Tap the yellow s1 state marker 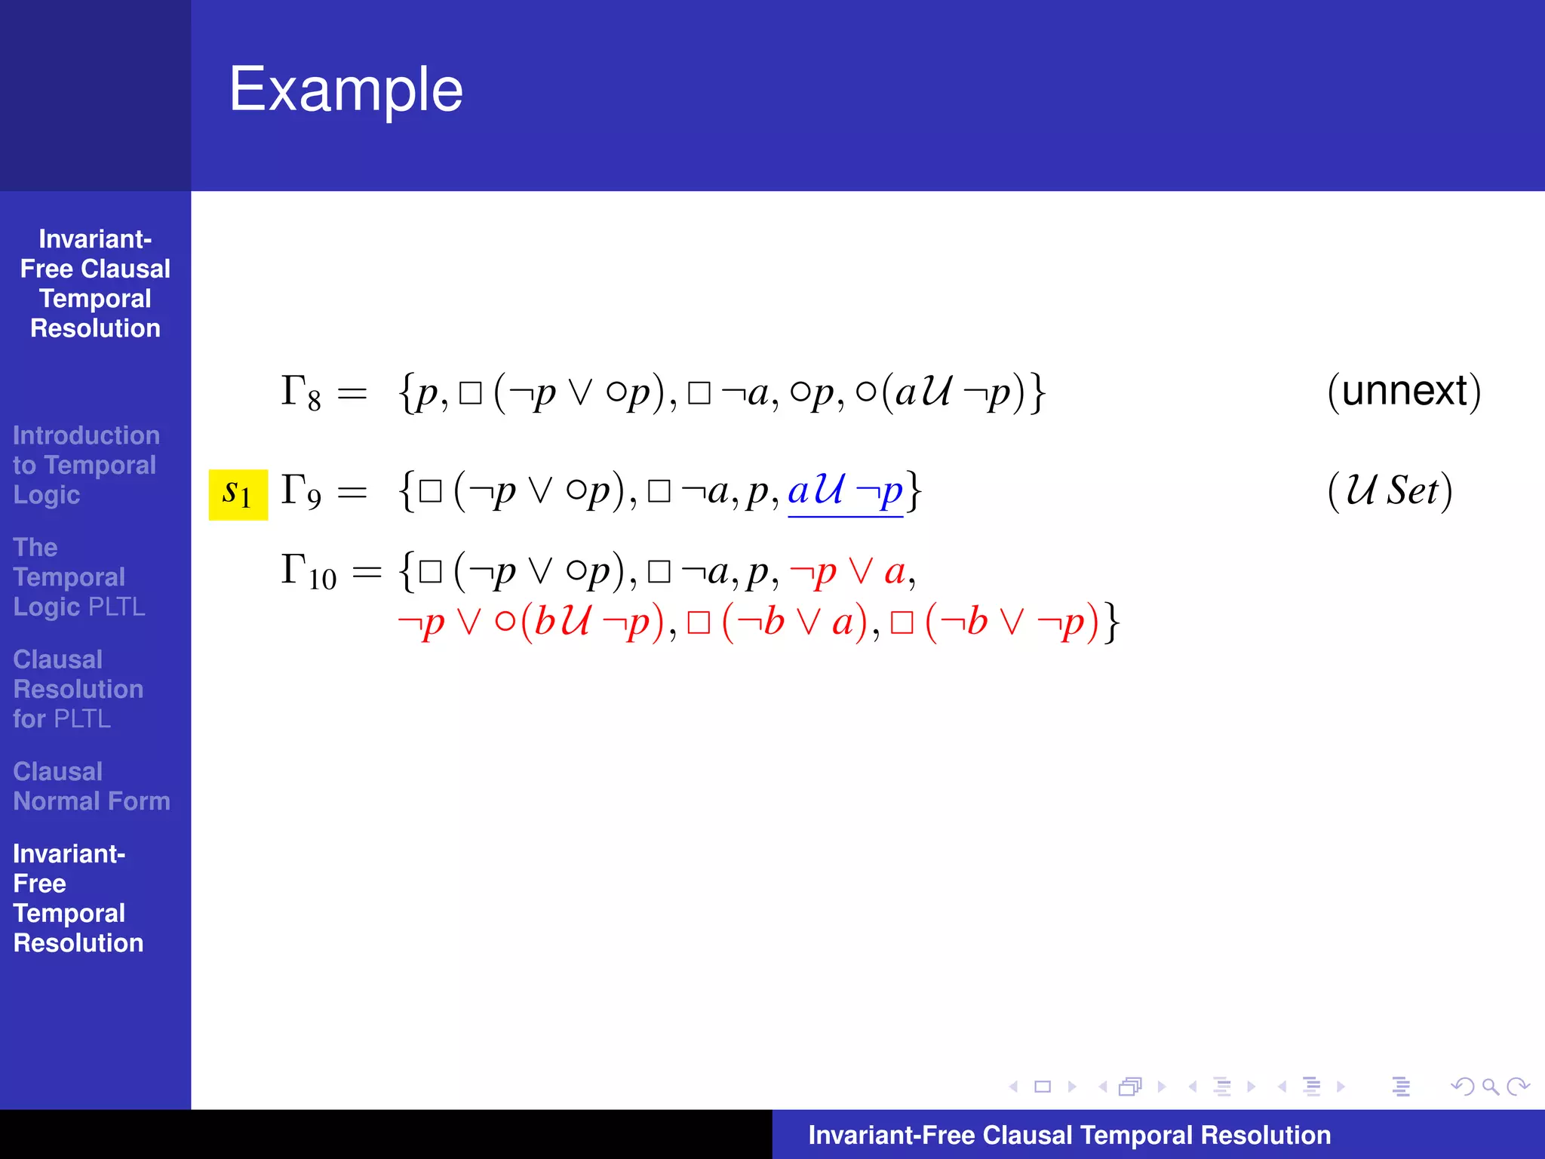238,494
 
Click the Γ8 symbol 300,393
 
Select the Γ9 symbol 300,491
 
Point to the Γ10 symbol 308,572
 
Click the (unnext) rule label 1404,392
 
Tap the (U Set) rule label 1390,491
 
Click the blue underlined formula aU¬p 845,491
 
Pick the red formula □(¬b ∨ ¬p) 994,623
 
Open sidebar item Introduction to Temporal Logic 85,465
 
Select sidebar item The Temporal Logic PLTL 78,577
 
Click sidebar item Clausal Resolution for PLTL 78,689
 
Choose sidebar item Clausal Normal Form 91,786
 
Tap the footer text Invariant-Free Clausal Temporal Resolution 1069,1135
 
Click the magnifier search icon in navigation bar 1489,1087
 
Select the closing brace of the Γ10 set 1112,623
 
